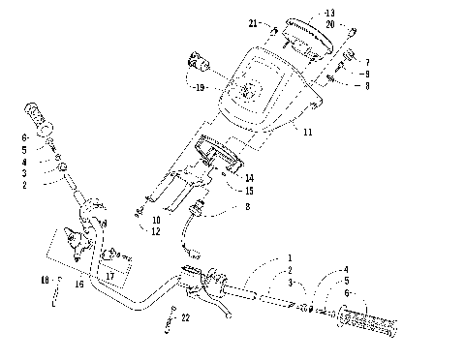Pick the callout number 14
(250, 178)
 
